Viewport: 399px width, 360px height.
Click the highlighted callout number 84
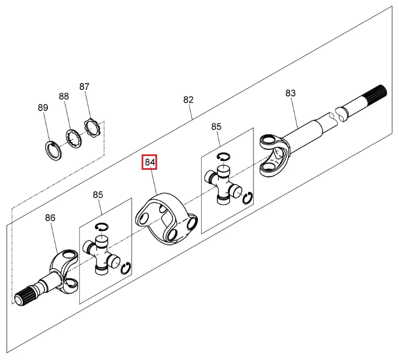tap(150, 163)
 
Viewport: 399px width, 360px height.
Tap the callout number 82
tap(188, 100)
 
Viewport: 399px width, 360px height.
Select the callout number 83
tap(290, 93)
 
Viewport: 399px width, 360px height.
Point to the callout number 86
tap(50, 218)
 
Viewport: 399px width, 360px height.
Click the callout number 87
tap(84, 87)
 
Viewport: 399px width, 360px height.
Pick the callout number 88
tap(64, 96)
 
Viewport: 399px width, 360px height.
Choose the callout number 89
tap(43, 108)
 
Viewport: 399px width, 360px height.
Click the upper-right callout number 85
tap(216, 127)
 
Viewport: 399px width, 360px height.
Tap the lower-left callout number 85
tap(98, 195)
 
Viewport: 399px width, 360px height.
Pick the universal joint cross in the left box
tap(102, 254)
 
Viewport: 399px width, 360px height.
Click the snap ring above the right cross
tap(223, 158)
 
